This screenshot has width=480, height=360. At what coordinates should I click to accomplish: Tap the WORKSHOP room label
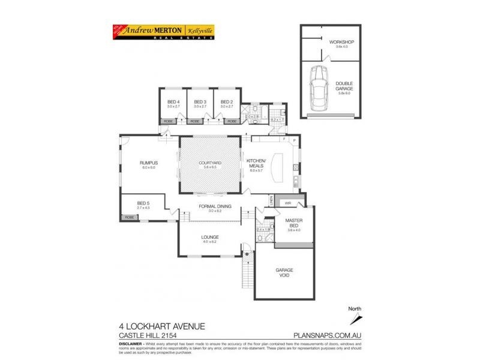342,42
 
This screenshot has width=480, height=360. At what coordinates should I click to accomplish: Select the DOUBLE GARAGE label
344,86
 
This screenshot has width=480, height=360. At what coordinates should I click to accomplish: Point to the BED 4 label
173,102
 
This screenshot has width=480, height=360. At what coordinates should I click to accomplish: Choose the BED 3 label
200,102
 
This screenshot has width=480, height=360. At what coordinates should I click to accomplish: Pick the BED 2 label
226,102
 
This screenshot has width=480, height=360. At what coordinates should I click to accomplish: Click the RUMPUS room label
148,163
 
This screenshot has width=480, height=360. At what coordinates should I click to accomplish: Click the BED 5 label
143,204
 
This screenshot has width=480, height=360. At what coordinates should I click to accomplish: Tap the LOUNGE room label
210,237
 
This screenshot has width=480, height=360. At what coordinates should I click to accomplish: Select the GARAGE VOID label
284,272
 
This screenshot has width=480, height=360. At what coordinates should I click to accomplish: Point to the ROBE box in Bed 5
129,217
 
